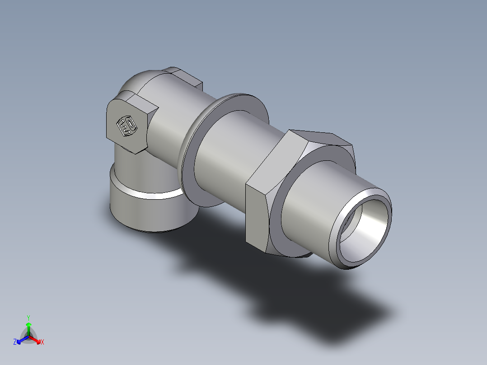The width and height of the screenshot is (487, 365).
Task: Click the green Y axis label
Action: point(28,318)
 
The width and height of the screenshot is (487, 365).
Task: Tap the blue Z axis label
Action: point(15,342)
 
